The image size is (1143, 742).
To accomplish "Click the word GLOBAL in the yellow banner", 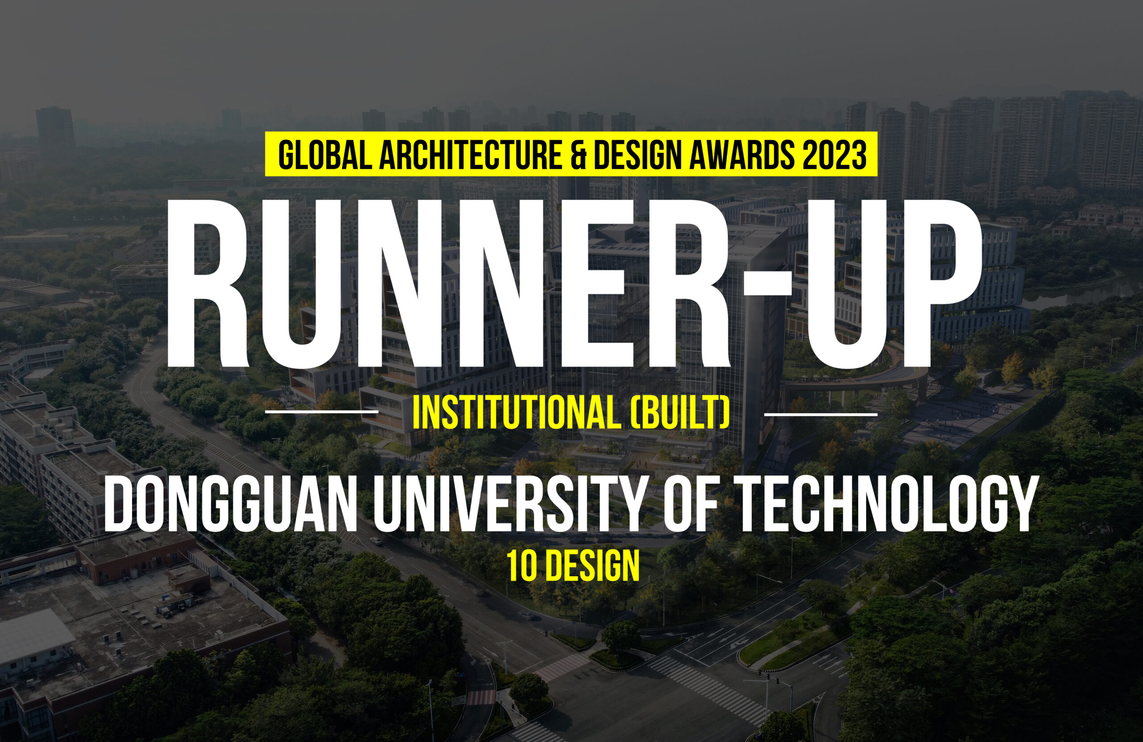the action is [325, 155].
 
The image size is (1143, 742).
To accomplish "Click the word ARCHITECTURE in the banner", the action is [471, 155].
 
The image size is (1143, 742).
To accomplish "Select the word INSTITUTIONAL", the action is [516, 413].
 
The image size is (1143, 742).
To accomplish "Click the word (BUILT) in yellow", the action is [679, 413].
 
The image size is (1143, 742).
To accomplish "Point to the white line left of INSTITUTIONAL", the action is [321, 412].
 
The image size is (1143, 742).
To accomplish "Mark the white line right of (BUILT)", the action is [820, 413].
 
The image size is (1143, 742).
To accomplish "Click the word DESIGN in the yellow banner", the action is [638, 155].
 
